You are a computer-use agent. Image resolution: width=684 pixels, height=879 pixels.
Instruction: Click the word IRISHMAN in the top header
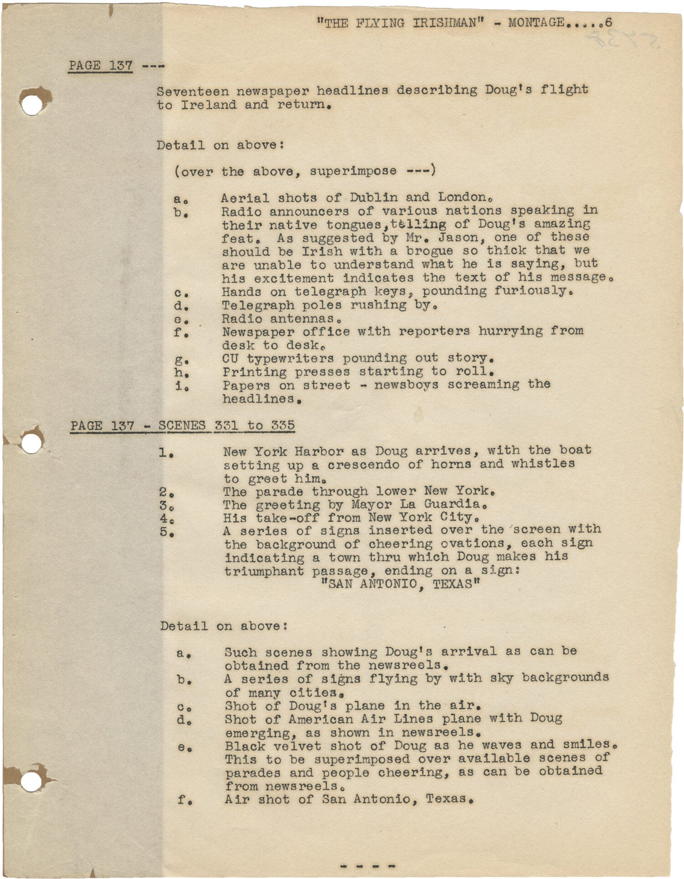coord(448,23)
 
